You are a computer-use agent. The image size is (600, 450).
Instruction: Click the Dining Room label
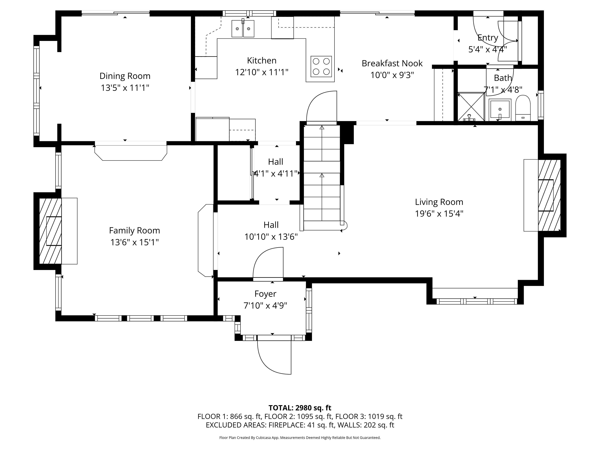(125, 76)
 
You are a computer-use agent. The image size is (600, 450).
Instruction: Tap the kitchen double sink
(243, 28)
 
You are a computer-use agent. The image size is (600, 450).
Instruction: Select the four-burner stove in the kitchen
(321, 66)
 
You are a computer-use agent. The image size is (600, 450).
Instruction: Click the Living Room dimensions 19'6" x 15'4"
(439, 214)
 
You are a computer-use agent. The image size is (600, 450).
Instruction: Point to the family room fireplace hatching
(50, 231)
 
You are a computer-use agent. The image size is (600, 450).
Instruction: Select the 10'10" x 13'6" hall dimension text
(271, 237)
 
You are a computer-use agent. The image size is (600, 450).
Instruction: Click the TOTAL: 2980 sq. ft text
(300, 408)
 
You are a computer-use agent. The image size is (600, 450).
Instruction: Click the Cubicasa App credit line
(300, 437)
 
